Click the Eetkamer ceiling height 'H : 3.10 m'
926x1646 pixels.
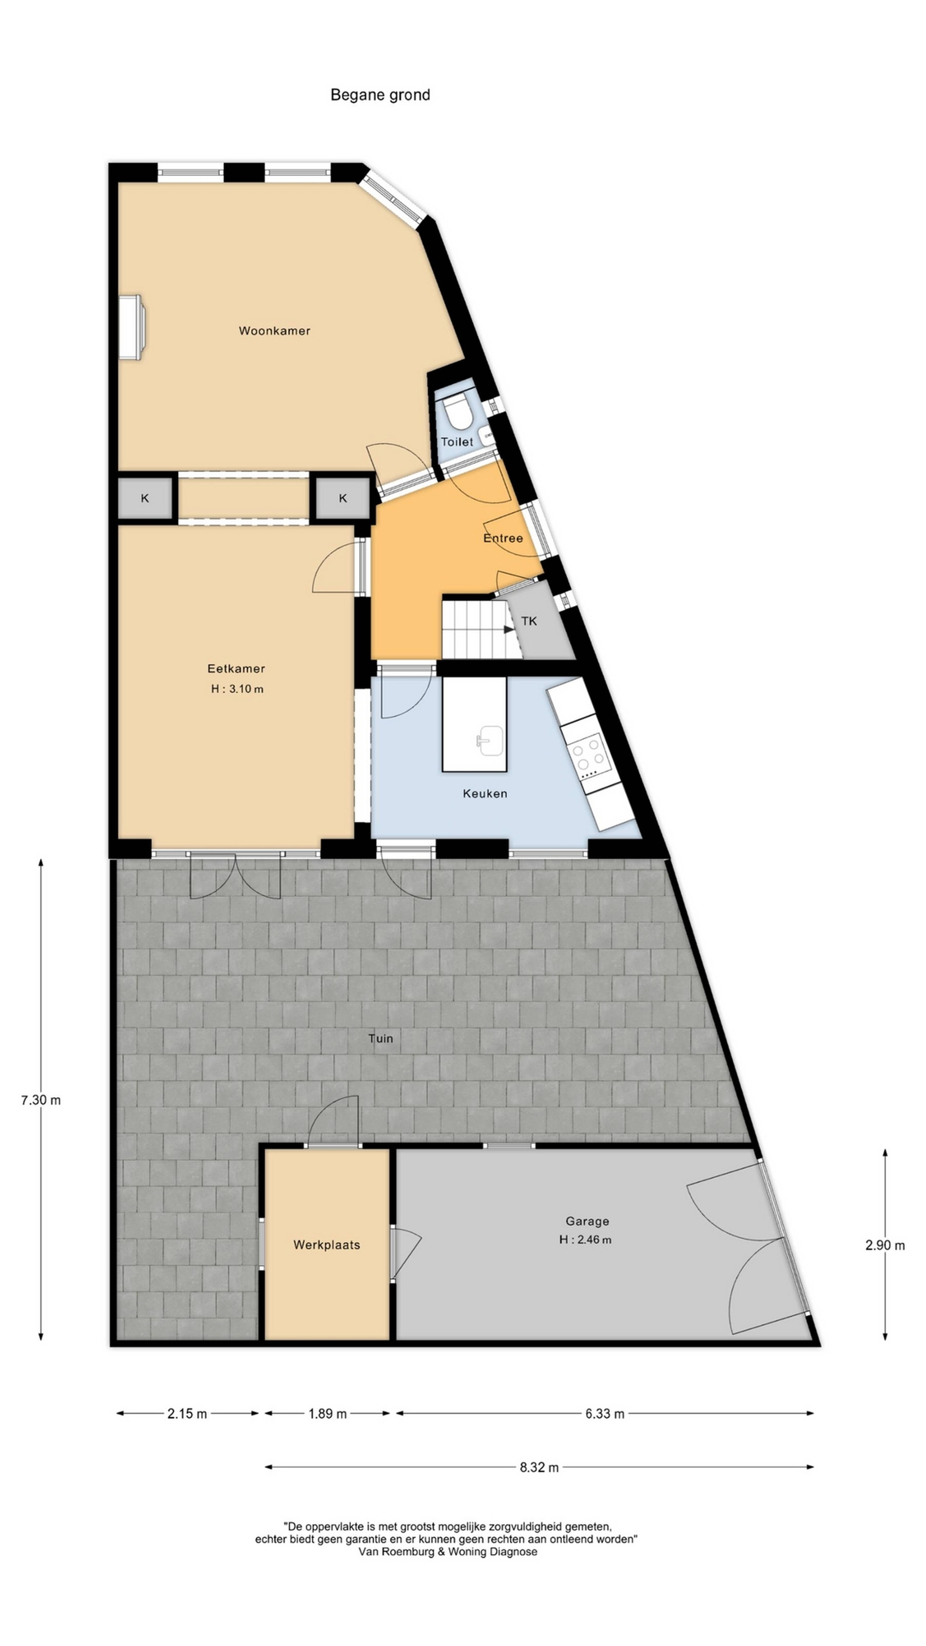(x=237, y=689)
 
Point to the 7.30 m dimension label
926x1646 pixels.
(x=41, y=1100)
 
